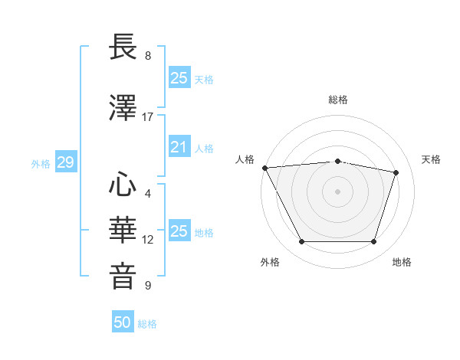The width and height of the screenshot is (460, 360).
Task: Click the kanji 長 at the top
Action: coord(123,48)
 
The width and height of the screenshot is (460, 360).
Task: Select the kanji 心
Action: coord(123,185)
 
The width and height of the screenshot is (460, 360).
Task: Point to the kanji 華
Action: coord(123,230)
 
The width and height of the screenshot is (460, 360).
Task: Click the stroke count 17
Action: coord(147,117)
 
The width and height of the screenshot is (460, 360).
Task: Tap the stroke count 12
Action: coord(147,240)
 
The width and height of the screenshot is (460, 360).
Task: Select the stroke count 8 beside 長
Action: coord(147,56)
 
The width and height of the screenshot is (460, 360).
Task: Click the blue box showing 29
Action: coord(65,162)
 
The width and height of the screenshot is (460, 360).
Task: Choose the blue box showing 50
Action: coord(123,322)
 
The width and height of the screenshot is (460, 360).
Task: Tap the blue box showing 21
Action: coord(179,147)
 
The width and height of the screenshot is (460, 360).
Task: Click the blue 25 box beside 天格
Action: coord(179,78)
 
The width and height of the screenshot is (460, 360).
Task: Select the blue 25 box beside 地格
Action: coord(179,231)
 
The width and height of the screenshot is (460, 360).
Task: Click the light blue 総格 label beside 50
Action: coord(147,324)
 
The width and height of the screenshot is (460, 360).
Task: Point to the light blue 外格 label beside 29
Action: coord(41,163)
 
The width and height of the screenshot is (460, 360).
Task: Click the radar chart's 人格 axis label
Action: coord(245,159)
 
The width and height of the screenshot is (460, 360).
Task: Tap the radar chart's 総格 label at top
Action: coord(338,100)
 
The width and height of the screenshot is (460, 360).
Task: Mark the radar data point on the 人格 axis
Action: coord(264,168)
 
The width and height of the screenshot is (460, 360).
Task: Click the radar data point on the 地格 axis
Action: coord(373,242)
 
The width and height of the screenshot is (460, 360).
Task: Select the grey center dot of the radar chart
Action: coord(337,191)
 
